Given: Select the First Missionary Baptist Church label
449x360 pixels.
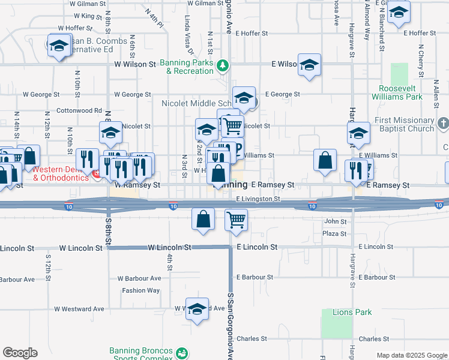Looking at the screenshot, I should click(404, 124).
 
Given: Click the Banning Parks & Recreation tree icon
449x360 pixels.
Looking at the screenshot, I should click(223, 64).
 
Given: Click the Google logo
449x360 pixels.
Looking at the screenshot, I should click(20, 353).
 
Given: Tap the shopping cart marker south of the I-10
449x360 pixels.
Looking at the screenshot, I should click(237, 220).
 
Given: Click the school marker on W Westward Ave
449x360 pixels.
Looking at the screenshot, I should click(197, 309).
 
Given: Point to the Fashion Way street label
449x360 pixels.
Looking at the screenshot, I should click(141, 290).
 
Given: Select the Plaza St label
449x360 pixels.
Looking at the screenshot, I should click(334, 233).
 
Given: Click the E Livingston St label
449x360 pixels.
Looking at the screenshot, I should click(258, 199).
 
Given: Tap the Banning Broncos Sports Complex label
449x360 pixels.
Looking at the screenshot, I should click(141, 355).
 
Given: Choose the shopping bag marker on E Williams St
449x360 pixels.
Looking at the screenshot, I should click(325, 160).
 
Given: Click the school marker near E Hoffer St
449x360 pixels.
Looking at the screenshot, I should click(399, 13).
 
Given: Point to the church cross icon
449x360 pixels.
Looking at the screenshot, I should click(444, 124).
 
